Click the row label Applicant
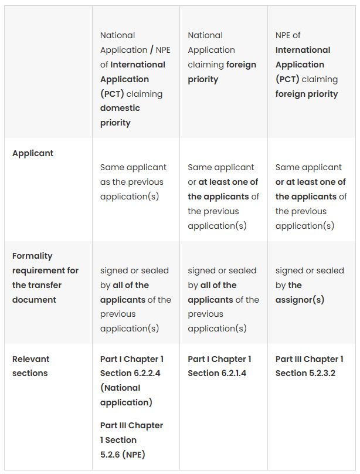pyautogui.click(x=33, y=153)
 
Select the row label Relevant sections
pyautogui.click(x=30, y=366)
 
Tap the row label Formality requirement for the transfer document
pyautogui.click(x=45, y=277)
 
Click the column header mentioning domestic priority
pyautogui.click(x=133, y=79)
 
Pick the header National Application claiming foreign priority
pyautogui.click(x=222, y=57)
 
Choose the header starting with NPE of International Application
pyautogui.click(x=307, y=65)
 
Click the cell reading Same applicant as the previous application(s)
pyautogui.click(x=133, y=182)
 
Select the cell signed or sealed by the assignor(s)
pyautogui.click(x=310, y=285)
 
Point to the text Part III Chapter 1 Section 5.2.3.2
pyautogui.click(x=309, y=366)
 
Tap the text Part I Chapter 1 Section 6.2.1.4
pyautogui.click(x=219, y=366)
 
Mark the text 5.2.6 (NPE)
pyautogui.click(x=123, y=455)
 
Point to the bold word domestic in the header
pyautogui.click(x=120, y=108)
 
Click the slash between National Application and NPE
pyautogui.click(x=152, y=50)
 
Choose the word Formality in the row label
pyautogui.click(x=32, y=256)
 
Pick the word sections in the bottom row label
pyautogui.click(x=30, y=373)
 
